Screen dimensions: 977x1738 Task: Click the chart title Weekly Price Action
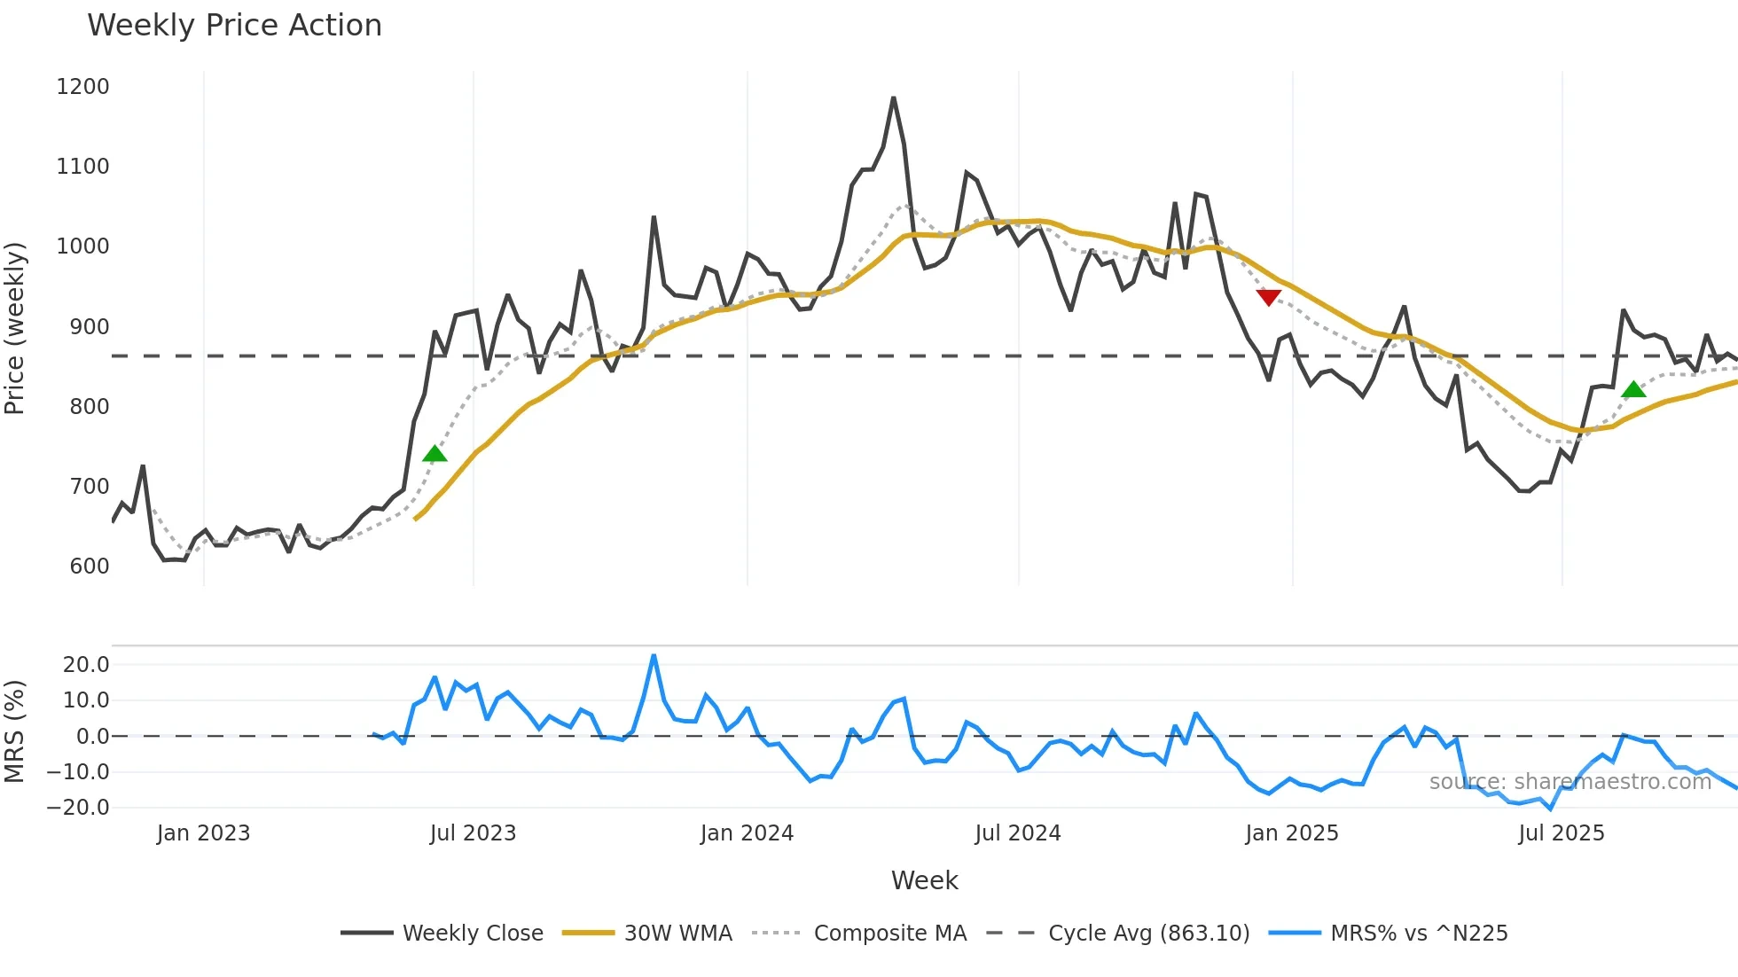[234, 26]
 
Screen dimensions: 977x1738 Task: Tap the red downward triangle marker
[1269, 297]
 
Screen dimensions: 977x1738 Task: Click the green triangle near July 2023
[434, 454]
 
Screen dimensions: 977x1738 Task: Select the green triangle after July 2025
[1633, 389]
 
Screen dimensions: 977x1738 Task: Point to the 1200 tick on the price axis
[82, 87]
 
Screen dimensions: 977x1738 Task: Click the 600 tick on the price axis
[89, 567]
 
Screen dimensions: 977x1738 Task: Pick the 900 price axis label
[89, 327]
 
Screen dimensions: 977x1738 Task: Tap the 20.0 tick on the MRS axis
[86, 665]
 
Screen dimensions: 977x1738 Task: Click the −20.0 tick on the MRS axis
[78, 808]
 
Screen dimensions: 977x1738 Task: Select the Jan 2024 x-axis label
[747, 833]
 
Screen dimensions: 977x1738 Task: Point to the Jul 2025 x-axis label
[1561, 833]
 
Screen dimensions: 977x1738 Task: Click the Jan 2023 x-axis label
[203, 833]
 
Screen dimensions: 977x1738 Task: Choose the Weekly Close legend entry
[473, 934]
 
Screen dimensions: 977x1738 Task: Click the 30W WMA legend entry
[677, 934]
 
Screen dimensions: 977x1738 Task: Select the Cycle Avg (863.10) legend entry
[1148, 934]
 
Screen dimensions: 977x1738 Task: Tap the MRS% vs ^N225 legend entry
[1419, 934]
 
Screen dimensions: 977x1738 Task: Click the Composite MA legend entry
[889, 934]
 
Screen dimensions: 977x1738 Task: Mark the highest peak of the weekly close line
[893, 98]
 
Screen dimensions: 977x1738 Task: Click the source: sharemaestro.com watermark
[1570, 782]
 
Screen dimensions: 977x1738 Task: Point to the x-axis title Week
[924, 880]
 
